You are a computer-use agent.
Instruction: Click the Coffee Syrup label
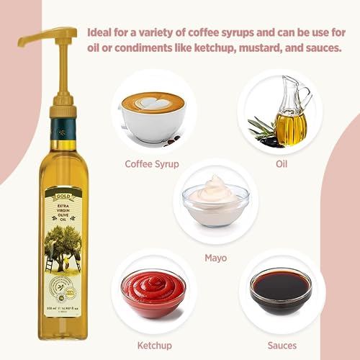point(152,163)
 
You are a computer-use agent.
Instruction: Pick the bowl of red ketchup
point(153,292)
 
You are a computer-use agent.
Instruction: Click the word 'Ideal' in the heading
point(102,33)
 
